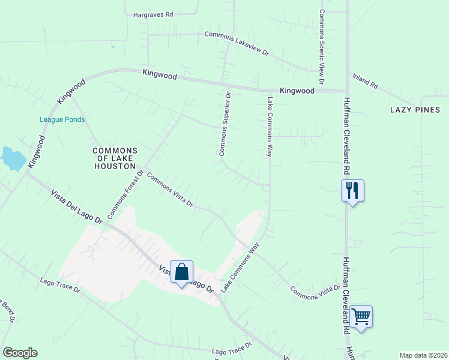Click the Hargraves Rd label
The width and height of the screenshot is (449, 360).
tap(153, 13)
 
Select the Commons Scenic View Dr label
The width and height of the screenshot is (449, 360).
tap(322, 47)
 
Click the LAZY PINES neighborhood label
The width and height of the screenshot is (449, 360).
tap(415, 110)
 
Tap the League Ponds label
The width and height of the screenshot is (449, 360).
tap(62, 119)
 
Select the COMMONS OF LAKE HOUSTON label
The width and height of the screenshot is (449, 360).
tap(115, 158)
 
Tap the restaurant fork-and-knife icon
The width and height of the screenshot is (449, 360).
tap(352, 191)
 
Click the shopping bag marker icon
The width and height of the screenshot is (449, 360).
tap(181, 272)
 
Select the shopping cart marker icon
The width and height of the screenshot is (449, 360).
tap(361, 316)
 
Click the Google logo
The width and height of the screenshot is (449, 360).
tap(20, 353)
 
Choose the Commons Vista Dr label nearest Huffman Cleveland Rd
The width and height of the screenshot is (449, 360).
tap(315, 292)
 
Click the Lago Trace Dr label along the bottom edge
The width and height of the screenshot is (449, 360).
tap(232, 350)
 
